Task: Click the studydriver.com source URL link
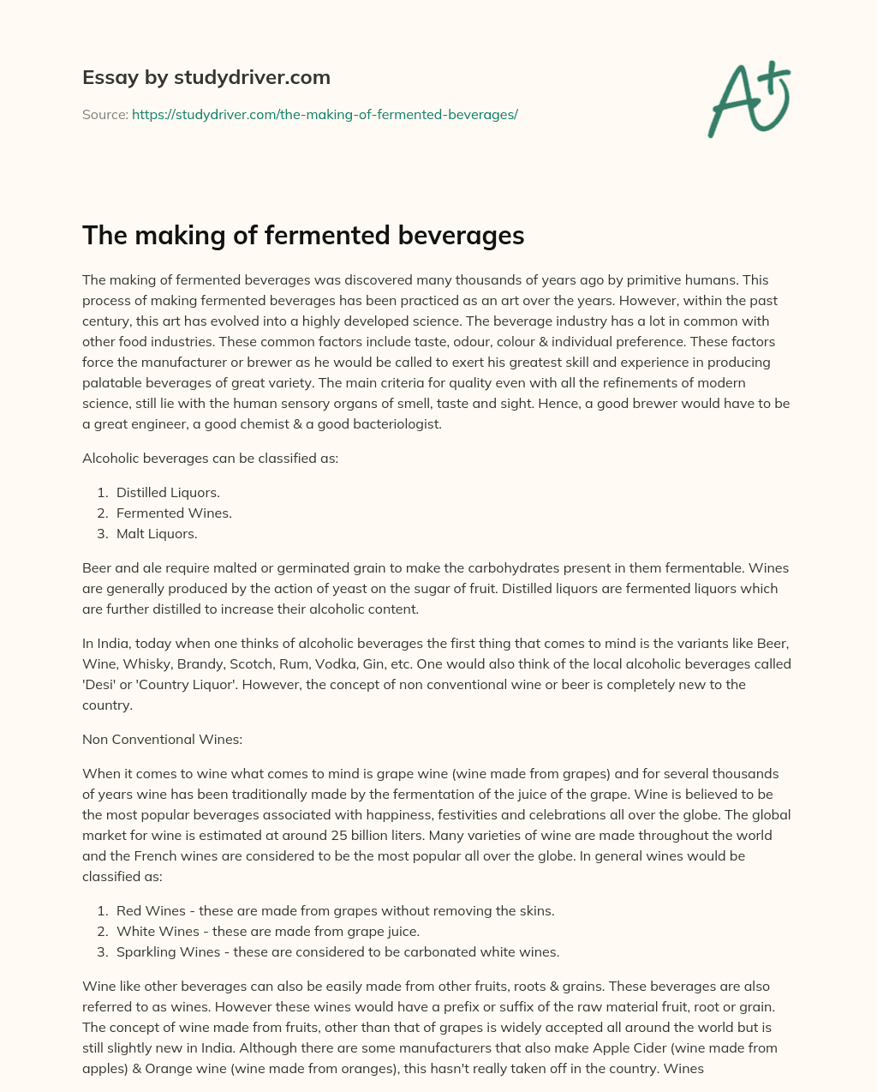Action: click(x=325, y=114)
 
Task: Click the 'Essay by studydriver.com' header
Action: click(x=206, y=77)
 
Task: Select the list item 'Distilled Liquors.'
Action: click(x=168, y=492)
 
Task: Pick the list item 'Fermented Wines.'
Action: click(x=174, y=513)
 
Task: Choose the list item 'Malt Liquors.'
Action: click(x=157, y=533)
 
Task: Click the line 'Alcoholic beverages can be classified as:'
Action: click(x=210, y=458)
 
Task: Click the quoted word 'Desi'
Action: click(x=98, y=684)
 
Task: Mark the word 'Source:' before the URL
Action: click(x=104, y=114)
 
